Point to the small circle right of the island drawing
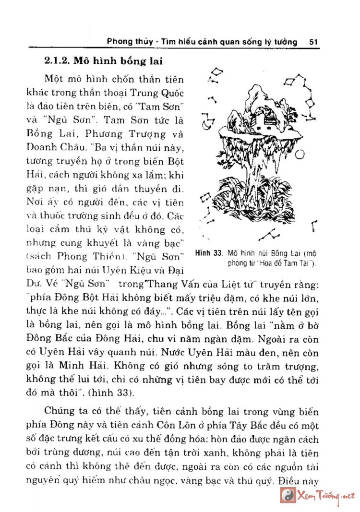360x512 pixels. pos(300,154)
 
